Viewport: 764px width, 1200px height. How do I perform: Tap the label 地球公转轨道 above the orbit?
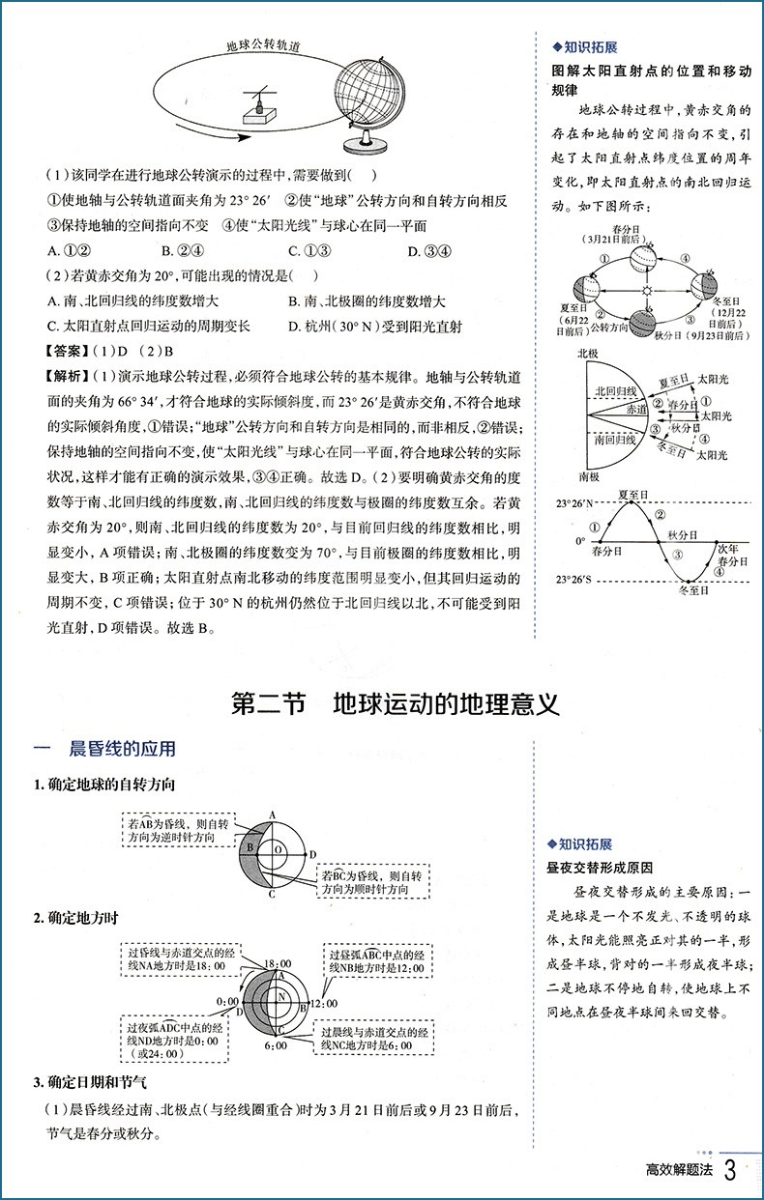click(262, 44)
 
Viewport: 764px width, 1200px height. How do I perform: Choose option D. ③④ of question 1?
click(426, 251)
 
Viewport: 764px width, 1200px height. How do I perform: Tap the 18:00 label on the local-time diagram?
click(278, 963)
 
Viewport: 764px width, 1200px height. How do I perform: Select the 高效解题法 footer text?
click(679, 1173)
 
